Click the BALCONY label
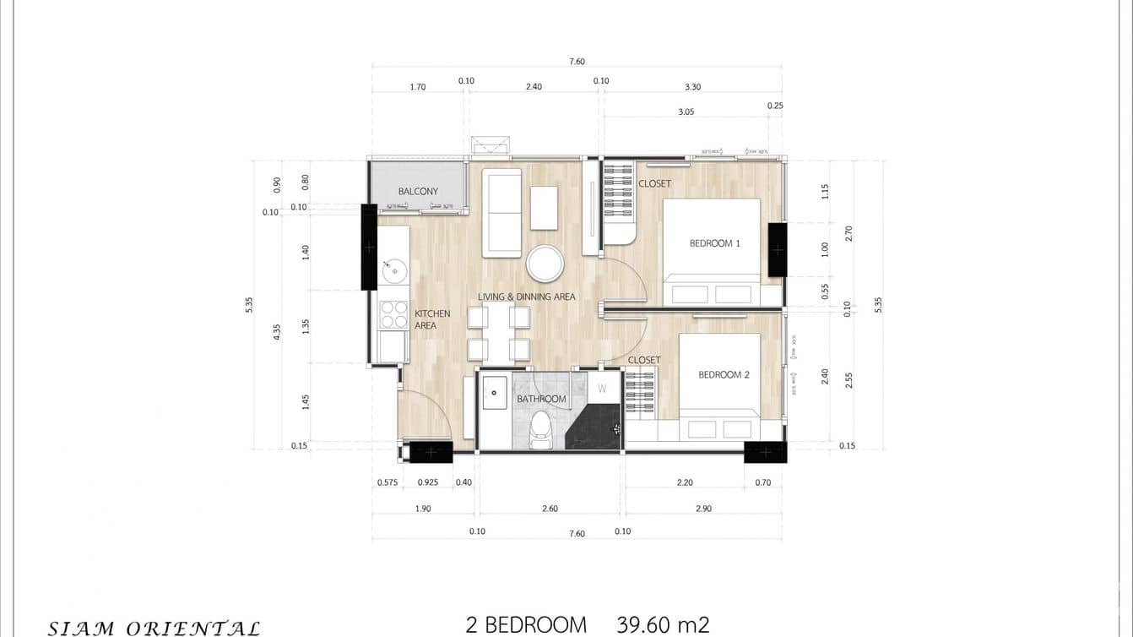418,192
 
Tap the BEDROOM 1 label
714,243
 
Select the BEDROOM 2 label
724,374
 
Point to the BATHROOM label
541,399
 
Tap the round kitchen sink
394,271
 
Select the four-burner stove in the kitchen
393,314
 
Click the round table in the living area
545,264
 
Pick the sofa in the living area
501,212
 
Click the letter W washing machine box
602,389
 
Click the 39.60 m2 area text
663,625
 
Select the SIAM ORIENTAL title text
154,628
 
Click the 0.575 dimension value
387,482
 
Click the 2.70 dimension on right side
849,233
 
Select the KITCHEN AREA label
431,319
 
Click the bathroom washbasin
494,393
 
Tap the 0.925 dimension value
428,482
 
